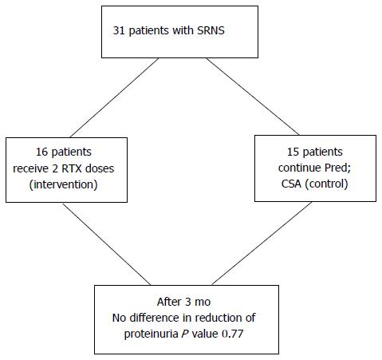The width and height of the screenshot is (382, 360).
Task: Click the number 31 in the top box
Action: (x=119, y=30)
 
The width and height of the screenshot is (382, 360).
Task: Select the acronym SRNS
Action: (x=211, y=30)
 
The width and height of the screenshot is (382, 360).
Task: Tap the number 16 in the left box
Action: (x=41, y=152)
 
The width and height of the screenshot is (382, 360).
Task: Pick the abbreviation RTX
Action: (x=72, y=168)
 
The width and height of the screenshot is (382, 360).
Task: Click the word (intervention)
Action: (x=64, y=184)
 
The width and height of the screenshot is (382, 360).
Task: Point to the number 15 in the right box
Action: (x=293, y=152)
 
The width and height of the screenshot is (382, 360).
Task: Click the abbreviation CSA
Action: (x=291, y=184)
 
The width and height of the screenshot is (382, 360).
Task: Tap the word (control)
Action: (x=326, y=184)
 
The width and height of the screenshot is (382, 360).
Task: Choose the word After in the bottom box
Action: (x=169, y=302)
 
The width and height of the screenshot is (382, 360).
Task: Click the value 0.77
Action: (x=232, y=334)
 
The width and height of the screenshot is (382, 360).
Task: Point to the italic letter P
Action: (x=185, y=334)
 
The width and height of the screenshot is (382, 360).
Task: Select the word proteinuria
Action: (x=151, y=334)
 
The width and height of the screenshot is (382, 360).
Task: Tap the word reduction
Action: (x=218, y=318)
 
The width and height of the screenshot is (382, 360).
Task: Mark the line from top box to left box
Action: (x=114, y=97)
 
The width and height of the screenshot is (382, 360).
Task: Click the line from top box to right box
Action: (x=253, y=97)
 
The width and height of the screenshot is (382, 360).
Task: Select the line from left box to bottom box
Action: (x=107, y=244)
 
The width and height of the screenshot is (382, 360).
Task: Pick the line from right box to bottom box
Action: (x=262, y=243)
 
